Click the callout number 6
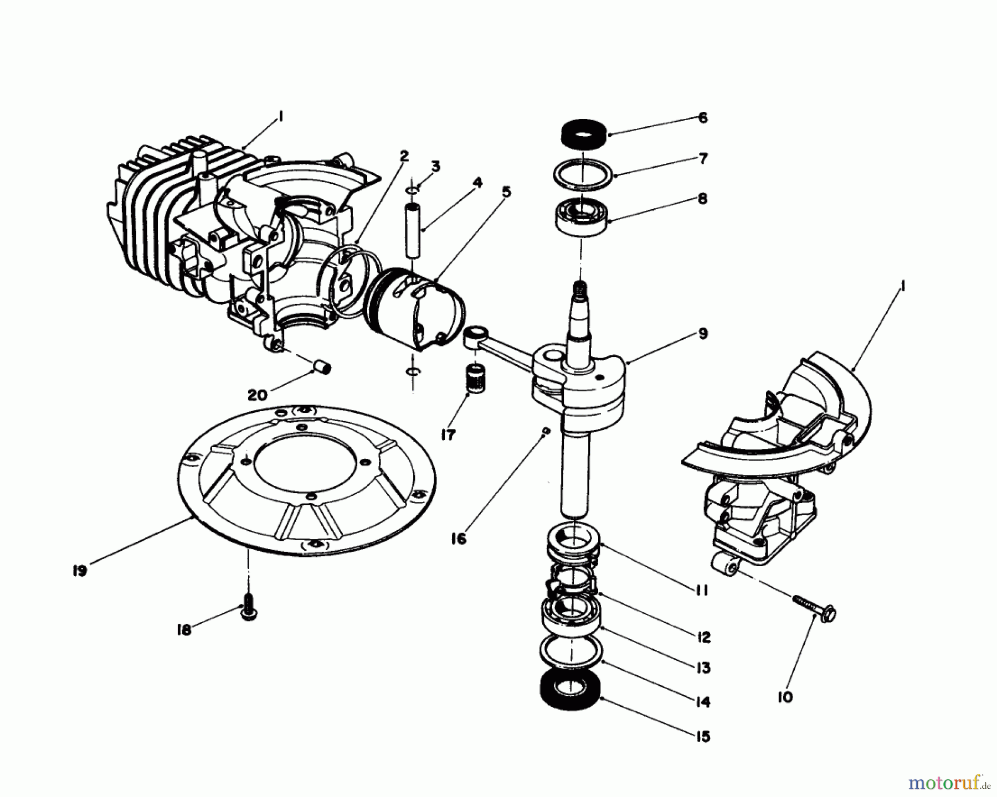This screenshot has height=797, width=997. coord(703,118)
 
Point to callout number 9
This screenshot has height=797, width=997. coord(703,334)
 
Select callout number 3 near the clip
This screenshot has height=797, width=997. coord(436,166)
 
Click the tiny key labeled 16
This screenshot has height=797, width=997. coord(546,431)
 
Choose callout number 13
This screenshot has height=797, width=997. coord(703,668)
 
